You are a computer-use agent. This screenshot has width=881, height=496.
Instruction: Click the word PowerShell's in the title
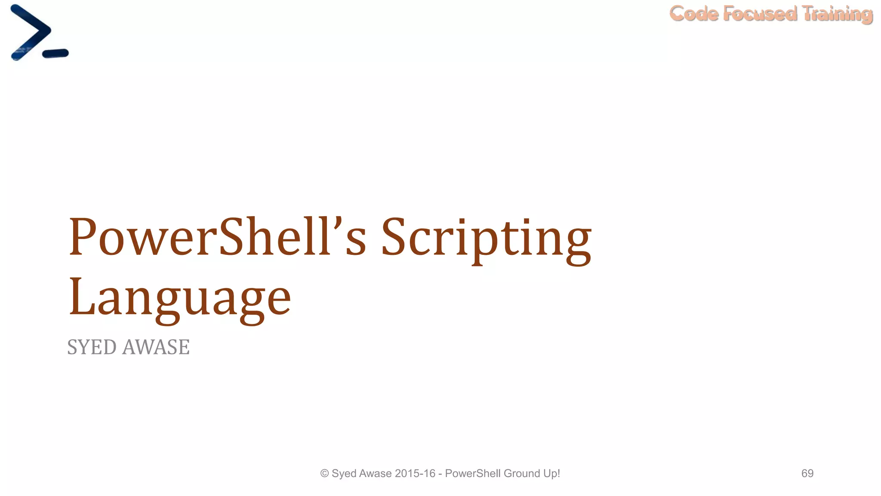pyautogui.click(x=217, y=237)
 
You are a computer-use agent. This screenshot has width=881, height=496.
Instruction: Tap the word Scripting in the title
pyautogui.click(x=486, y=239)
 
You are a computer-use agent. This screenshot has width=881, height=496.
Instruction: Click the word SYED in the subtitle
pyautogui.click(x=92, y=347)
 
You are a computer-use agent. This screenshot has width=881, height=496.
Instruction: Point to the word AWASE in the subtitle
pyautogui.click(x=156, y=347)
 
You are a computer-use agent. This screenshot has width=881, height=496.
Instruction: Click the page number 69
pyautogui.click(x=807, y=473)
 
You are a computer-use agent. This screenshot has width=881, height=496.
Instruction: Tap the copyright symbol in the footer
pyautogui.click(x=324, y=474)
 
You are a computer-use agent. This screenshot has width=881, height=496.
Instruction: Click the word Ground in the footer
pyautogui.click(x=522, y=473)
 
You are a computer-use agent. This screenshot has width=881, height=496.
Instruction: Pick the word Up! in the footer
pyautogui.click(x=551, y=473)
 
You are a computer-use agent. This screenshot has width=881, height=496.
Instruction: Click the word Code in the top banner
pyautogui.click(x=694, y=14)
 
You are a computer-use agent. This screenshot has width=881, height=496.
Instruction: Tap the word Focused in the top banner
pyautogui.click(x=760, y=14)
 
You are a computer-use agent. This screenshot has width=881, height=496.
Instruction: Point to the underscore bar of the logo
pyautogui.click(x=55, y=53)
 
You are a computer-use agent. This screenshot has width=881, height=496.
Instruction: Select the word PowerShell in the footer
pyautogui.click(x=473, y=473)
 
